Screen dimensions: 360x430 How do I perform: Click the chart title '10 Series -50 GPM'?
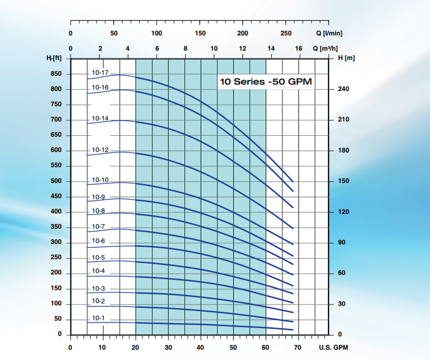(x=266, y=82)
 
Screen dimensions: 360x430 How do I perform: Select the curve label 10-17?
(x=100, y=73)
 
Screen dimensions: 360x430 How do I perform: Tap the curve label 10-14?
(x=100, y=118)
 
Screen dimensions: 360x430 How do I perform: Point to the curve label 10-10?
(x=100, y=180)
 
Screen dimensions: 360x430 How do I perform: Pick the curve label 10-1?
(x=98, y=318)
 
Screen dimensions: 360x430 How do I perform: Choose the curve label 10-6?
(x=98, y=241)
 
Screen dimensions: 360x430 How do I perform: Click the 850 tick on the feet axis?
(x=56, y=74)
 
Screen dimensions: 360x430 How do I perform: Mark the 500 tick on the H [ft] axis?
(x=56, y=181)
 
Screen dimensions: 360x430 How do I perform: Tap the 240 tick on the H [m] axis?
(x=344, y=89)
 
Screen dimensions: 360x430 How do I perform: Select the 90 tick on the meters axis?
(x=342, y=242)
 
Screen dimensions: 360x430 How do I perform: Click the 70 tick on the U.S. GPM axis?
(x=298, y=347)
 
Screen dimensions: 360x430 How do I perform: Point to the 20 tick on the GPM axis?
(x=136, y=347)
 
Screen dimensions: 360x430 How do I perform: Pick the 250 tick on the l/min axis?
(x=286, y=33)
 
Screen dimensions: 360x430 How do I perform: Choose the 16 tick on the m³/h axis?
(x=298, y=49)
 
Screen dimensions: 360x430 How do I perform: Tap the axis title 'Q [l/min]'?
(x=329, y=33)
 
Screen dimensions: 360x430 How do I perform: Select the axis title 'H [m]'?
(x=347, y=59)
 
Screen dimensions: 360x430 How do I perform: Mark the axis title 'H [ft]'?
(x=54, y=59)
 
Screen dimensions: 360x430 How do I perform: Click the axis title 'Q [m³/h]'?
(x=328, y=49)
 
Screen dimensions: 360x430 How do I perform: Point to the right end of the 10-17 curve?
(x=293, y=182)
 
